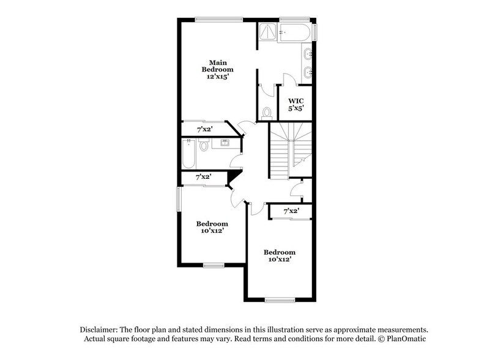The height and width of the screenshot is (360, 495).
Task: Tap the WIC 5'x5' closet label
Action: (x=296, y=104)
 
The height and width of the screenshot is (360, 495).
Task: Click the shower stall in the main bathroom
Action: (x=267, y=32)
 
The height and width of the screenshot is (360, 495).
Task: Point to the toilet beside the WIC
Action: (x=266, y=112)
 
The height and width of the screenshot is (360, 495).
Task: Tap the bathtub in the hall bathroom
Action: (x=188, y=154)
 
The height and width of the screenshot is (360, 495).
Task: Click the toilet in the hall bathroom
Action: (x=204, y=146)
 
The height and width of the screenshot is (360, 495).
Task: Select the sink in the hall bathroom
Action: (x=224, y=144)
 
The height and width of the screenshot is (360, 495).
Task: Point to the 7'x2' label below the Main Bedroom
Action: (x=204, y=130)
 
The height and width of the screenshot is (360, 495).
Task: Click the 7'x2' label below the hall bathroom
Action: (x=204, y=177)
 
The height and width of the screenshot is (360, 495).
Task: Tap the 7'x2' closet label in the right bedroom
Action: (x=292, y=211)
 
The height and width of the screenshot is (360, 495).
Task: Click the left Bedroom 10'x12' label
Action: (x=212, y=227)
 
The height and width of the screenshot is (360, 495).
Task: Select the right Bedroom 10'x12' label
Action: (x=280, y=255)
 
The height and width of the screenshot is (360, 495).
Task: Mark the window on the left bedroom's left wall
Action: (x=179, y=200)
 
